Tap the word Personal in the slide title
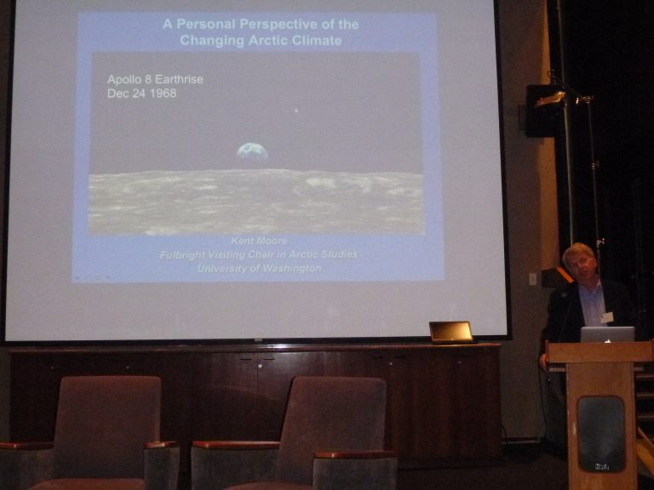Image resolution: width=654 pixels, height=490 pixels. [x=206, y=24]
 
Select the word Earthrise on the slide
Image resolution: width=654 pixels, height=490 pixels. [x=181, y=79]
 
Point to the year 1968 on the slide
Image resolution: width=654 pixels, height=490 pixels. [x=163, y=93]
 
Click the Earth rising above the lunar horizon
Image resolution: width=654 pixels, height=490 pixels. [x=252, y=151]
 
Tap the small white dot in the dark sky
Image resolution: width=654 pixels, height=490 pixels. [x=296, y=111]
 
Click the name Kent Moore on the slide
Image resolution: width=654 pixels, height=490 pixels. [x=259, y=241]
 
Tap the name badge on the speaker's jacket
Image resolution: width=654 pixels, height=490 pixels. [x=607, y=317]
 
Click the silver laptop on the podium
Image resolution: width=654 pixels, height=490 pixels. [x=608, y=334]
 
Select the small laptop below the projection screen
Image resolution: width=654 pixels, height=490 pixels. [x=451, y=332]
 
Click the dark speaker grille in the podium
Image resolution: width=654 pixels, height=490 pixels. [x=601, y=434]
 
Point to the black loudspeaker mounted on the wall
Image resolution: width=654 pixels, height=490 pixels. [x=542, y=111]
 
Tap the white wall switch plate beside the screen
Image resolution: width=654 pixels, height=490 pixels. [x=532, y=279]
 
